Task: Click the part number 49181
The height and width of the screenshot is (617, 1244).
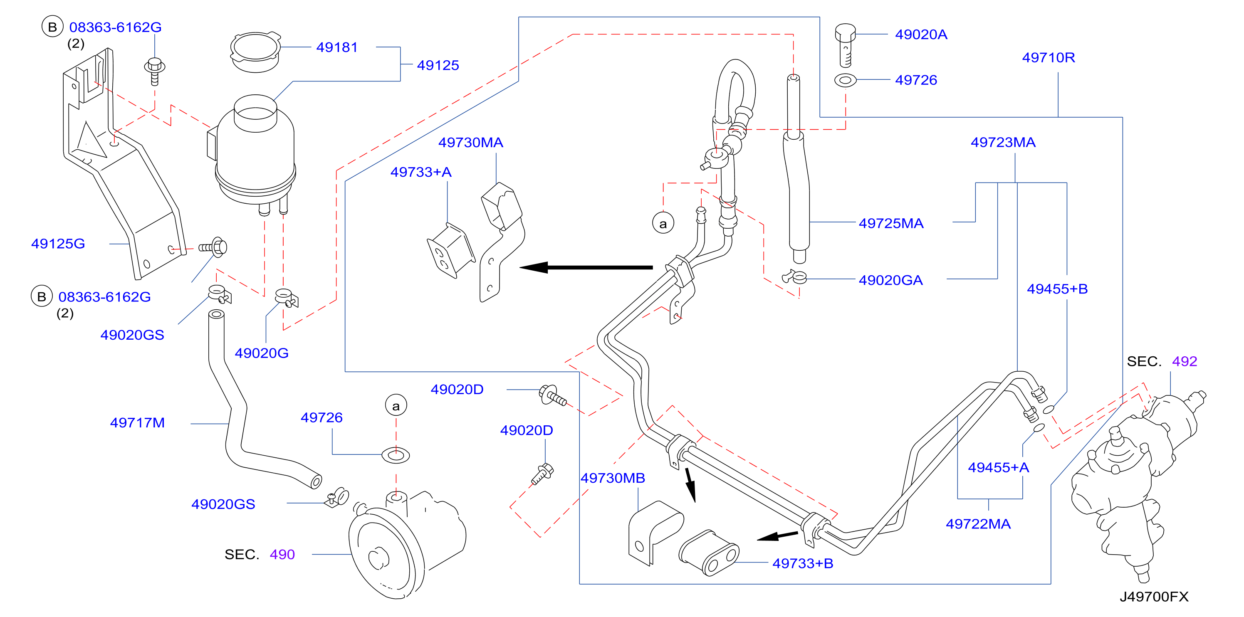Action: click(337, 47)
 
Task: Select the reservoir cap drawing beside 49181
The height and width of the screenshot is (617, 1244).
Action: click(255, 52)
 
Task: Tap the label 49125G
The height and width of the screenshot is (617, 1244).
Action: click(58, 243)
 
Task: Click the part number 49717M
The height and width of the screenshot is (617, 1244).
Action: click(138, 422)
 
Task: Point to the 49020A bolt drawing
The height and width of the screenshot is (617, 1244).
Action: click(845, 45)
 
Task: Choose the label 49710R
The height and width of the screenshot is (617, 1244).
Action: click(1049, 57)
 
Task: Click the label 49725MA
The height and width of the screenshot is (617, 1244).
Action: click(891, 223)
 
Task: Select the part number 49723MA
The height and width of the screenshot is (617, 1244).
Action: click(1003, 143)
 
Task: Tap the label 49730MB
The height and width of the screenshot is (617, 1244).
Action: click(613, 478)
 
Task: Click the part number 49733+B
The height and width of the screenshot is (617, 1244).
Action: click(803, 563)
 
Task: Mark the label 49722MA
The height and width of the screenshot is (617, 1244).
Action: click(978, 524)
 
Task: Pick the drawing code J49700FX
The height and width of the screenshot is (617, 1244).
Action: click(1154, 597)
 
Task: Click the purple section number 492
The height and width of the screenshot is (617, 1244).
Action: click(1185, 361)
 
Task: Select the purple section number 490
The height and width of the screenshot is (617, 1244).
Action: click(282, 554)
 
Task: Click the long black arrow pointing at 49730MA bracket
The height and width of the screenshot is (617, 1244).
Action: click(586, 267)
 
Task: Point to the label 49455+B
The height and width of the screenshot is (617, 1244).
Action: click(1057, 289)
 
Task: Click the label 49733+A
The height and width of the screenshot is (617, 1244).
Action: click(420, 172)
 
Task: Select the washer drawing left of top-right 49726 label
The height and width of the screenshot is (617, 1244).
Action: click(845, 80)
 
